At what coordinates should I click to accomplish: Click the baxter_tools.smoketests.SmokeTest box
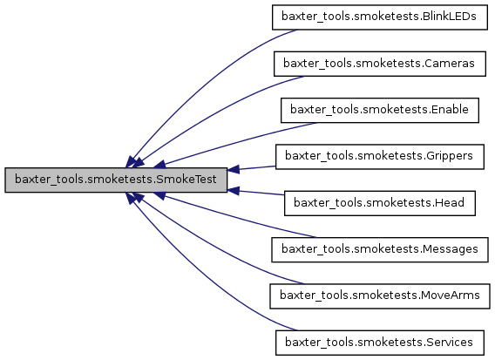coord(117,180)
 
